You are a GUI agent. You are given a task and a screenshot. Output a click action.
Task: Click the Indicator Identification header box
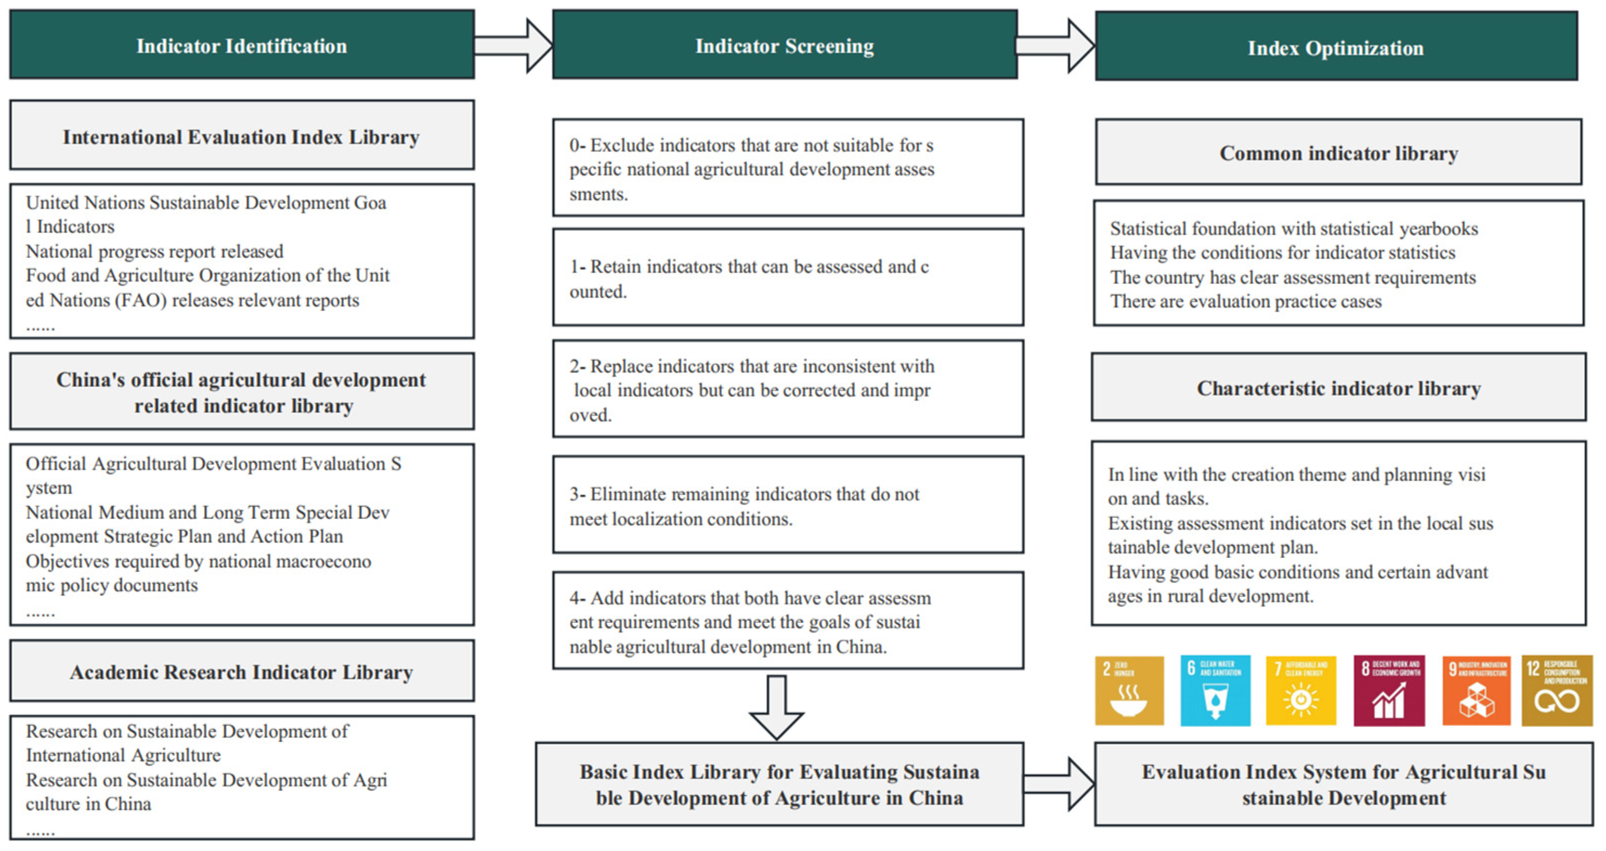coord(242,45)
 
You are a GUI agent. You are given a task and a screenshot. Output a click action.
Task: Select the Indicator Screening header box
coord(784,45)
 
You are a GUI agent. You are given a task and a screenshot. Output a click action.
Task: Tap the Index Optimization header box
coord(1335,47)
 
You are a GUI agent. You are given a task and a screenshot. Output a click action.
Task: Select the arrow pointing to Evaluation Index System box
coord(1058,784)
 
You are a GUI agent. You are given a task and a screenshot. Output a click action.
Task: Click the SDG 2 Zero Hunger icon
coord(1129,690)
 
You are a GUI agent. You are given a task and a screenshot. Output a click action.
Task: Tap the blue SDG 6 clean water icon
coord(1215,690)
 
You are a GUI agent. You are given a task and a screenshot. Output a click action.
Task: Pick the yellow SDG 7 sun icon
coord(1300,690)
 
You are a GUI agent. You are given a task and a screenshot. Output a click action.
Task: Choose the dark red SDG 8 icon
coord(1388,690)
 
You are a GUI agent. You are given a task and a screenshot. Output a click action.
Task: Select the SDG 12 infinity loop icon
coord(1556,690)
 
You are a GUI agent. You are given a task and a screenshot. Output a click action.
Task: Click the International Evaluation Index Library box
coord(242,136)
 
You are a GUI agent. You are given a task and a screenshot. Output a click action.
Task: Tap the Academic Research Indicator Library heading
coord(242,672)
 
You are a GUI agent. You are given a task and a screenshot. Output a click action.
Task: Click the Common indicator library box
coord(1338,152)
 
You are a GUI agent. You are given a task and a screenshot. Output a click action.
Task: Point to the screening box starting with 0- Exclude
coord(787,168)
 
